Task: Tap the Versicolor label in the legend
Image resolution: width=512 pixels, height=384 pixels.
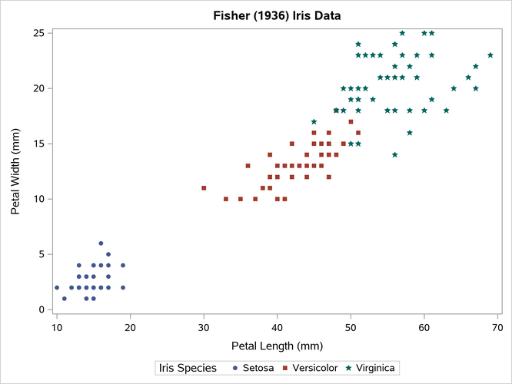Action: [311, 368]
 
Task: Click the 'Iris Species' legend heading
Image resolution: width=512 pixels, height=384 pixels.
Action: [188, 368]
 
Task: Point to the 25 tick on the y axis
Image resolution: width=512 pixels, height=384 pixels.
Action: [37, 33]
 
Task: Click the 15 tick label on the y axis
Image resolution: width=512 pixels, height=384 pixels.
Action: [37, 144]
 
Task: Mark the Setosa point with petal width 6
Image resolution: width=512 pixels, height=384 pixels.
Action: [101, 243]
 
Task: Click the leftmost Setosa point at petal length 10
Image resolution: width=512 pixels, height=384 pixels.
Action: [57, 287]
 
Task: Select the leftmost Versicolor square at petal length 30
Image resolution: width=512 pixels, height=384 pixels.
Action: [204, 187]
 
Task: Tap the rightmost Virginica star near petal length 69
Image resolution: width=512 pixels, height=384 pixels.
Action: [490, 55]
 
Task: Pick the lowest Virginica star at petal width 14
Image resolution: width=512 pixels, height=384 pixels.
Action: [395, 154]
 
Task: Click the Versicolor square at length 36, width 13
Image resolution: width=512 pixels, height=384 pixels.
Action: [248, 166]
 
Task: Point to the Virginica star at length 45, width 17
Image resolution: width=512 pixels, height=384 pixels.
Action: [314, 121]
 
